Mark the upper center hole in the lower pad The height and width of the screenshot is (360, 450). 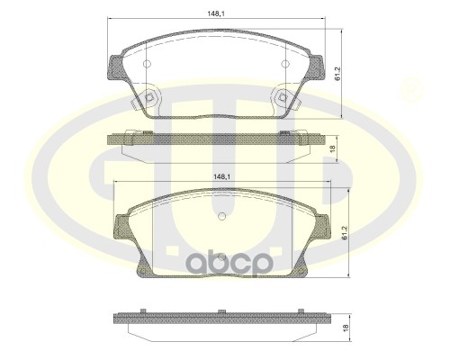pyautogui.click(x=221, y=216)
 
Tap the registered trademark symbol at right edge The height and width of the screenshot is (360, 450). pyautogui.click(x=412, y=89)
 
